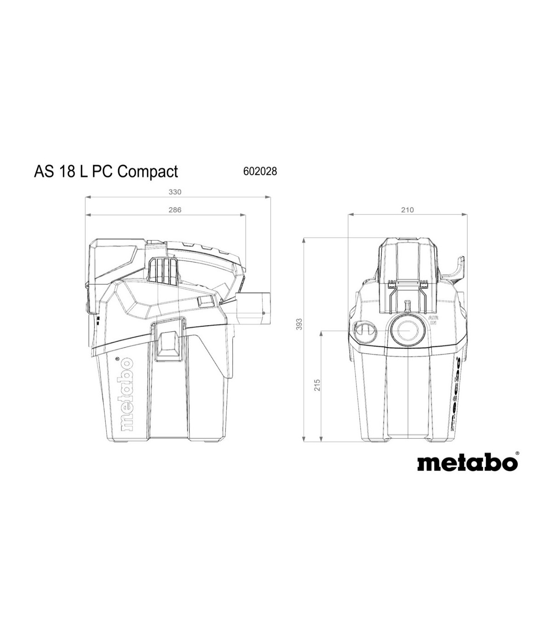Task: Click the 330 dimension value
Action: coord(175,192)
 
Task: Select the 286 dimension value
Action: coord(175,210)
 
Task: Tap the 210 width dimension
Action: coord(407,210)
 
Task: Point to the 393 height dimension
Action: coord(299,324)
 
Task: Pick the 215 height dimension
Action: coord(317,385)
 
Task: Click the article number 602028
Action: coord(260,172)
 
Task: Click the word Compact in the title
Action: coord(148,172)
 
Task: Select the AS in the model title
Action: coord(43,171)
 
